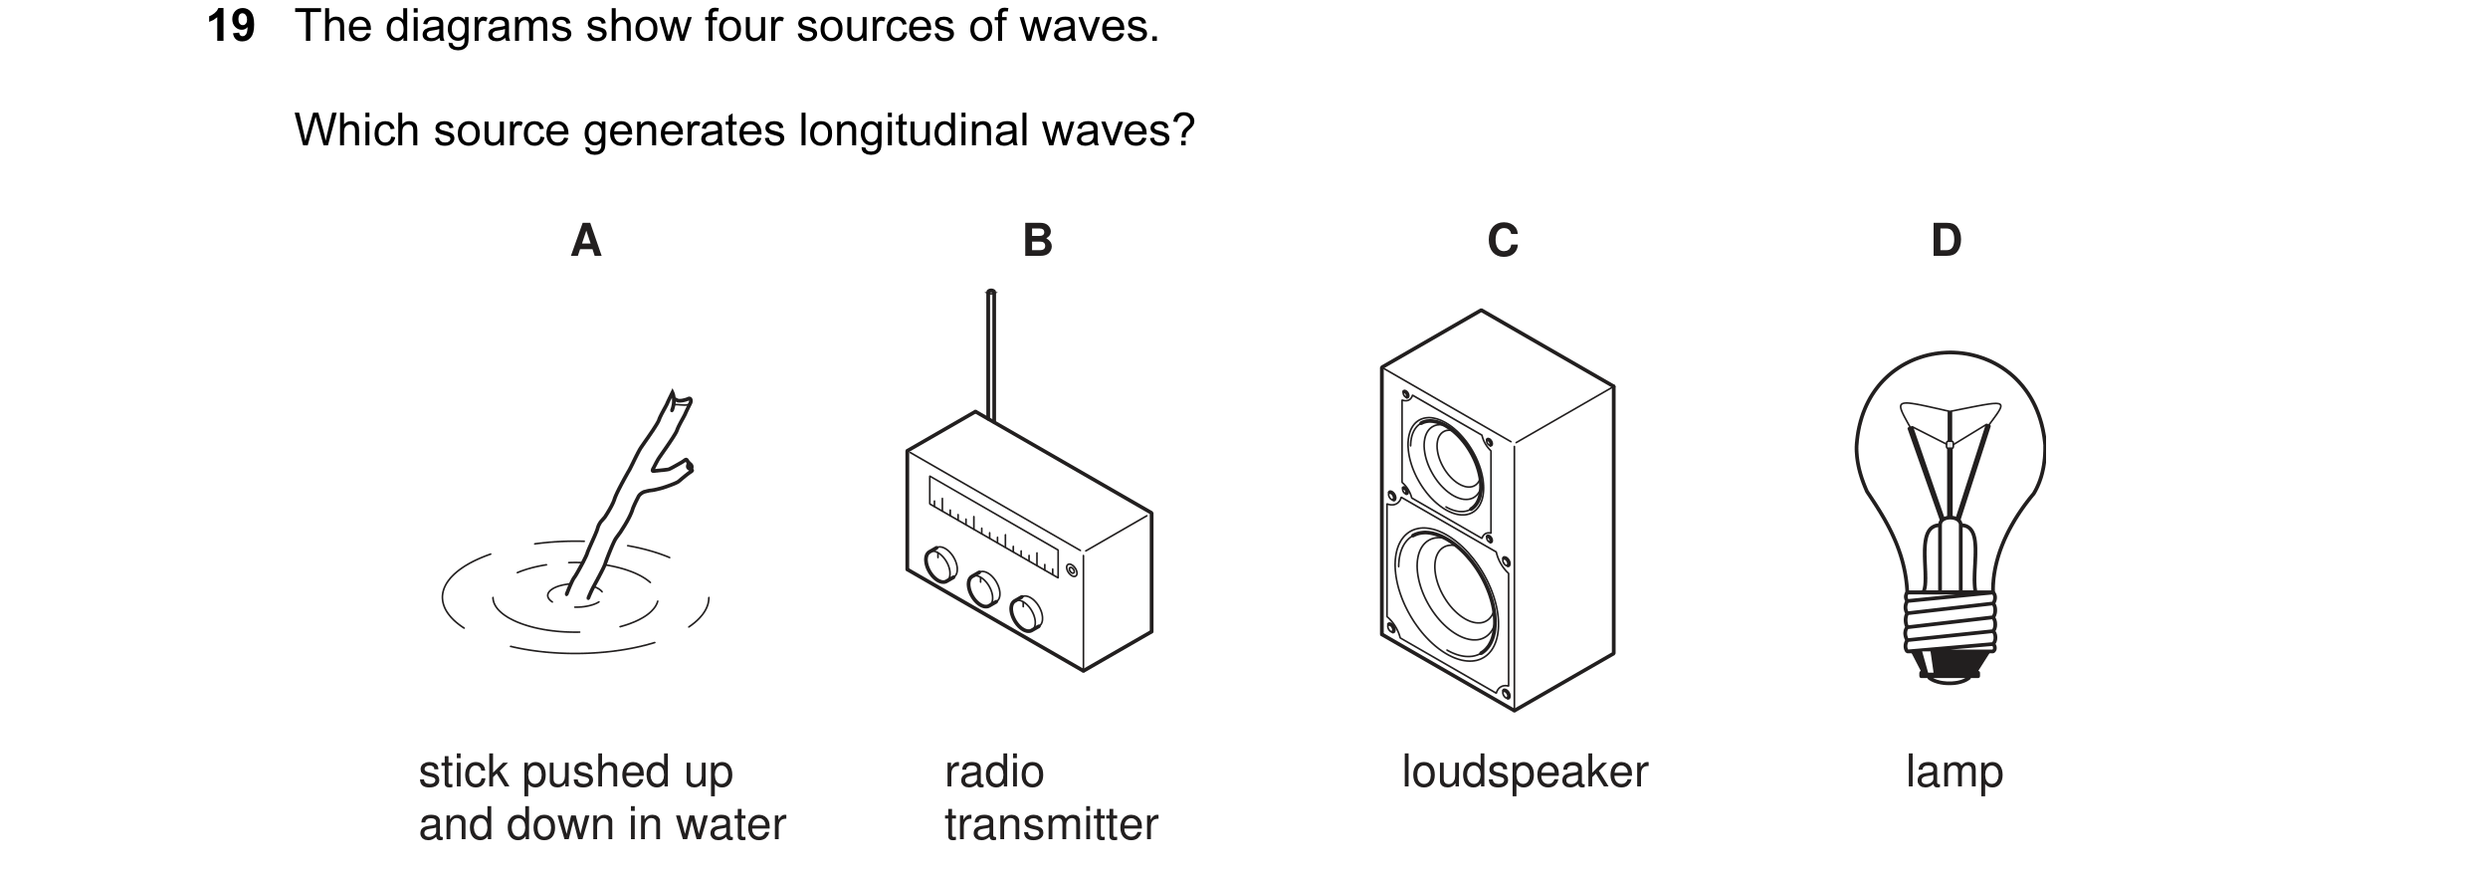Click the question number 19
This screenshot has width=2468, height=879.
(x=231, y=26)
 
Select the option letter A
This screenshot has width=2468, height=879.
(x=586, y=240)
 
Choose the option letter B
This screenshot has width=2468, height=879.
(x=1038, y=240)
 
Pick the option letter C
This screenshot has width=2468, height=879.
(x=1503, y=240)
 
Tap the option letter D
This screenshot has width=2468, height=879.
(x=1947, y=240)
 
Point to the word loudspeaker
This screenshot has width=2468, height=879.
(x=1525, y=772)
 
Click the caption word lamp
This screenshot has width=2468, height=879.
(x=1954, y=772)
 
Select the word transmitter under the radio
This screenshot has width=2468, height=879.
(x=1051, y=825)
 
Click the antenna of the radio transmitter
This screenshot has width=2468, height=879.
(x=990, y=355)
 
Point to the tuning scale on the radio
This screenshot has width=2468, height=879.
(x=993, y=527)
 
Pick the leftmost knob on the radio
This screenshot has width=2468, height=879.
(x=940, y=564)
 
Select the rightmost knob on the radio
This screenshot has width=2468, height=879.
(x=1026, y=614)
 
